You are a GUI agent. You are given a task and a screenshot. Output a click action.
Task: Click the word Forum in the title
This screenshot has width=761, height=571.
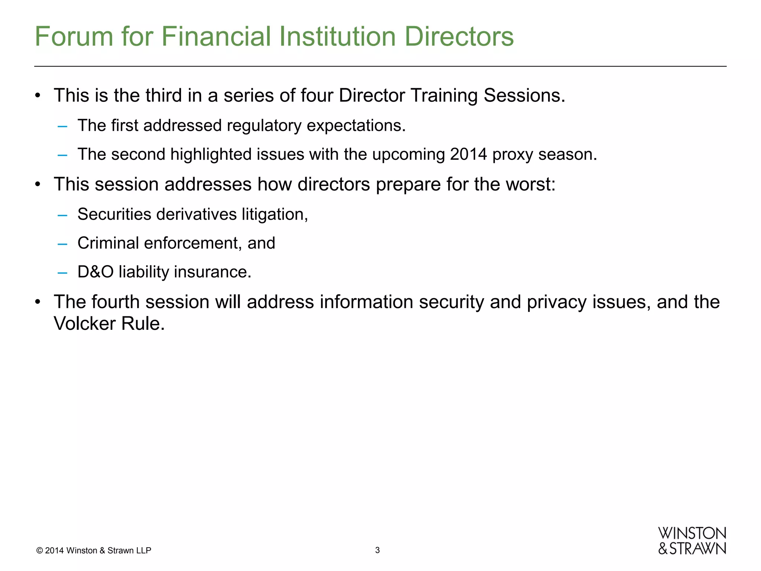pos(74,36)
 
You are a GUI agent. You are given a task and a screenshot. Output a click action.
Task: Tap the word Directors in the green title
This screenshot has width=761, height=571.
pos(459,36)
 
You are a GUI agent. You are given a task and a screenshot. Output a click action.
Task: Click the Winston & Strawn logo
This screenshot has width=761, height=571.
pos(692,541)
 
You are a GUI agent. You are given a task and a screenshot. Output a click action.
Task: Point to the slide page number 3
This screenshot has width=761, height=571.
pos(378,550)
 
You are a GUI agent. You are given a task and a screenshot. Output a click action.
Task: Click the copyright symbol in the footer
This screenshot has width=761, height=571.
pos(39,551)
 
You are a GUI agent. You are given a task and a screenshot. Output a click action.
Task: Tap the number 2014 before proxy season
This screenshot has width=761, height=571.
pos(468,154)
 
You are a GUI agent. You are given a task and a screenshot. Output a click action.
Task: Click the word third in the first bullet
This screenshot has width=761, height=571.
pos(163,96)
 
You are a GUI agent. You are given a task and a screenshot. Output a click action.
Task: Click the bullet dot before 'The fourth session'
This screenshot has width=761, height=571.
pos(37,302)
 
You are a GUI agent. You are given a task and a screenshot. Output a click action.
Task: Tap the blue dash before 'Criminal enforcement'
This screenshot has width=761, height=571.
pos(62,243)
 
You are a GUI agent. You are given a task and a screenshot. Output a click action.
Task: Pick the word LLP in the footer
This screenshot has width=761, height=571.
pos(143,551)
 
